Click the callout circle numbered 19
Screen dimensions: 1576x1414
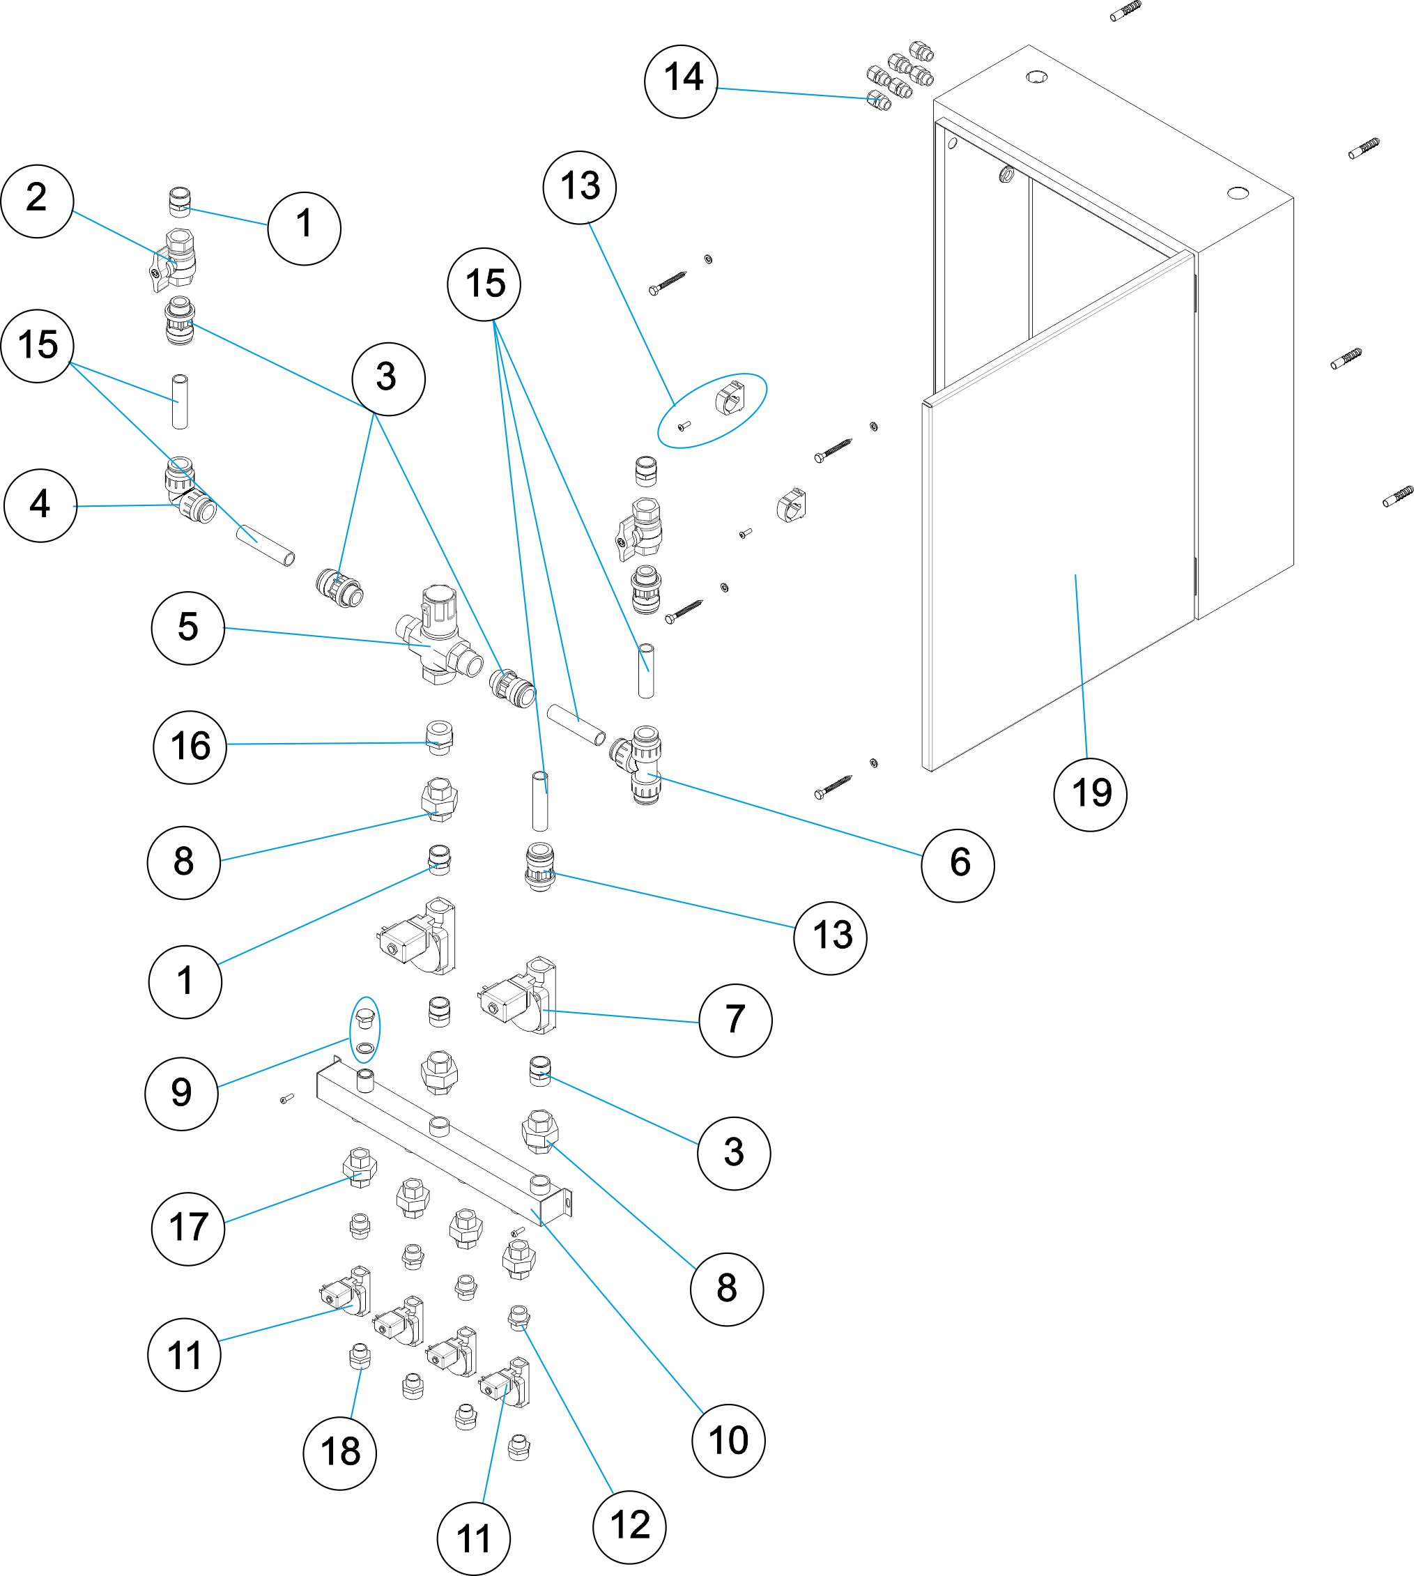click(x=1089, y=794)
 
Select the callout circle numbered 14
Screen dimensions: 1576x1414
click(x=682, y=81)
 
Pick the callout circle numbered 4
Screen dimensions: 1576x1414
click(x=40, y=505)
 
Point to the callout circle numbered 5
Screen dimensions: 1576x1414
click(x=188, y=628)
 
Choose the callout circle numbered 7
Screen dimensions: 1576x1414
click(x=735, y=1020)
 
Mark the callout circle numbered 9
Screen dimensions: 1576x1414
click(x=182, y=1093)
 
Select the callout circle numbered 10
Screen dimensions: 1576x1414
click(x=728, y=1440)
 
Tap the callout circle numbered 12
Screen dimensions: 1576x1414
click(x=629, y=1527)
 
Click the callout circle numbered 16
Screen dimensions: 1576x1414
click(x=190, y=747)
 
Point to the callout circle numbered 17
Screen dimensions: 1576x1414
click(x=188, y=1229)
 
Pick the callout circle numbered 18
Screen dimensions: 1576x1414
click(x=339, y=1453)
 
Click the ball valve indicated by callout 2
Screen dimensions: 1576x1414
click(x=175, y=260)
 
